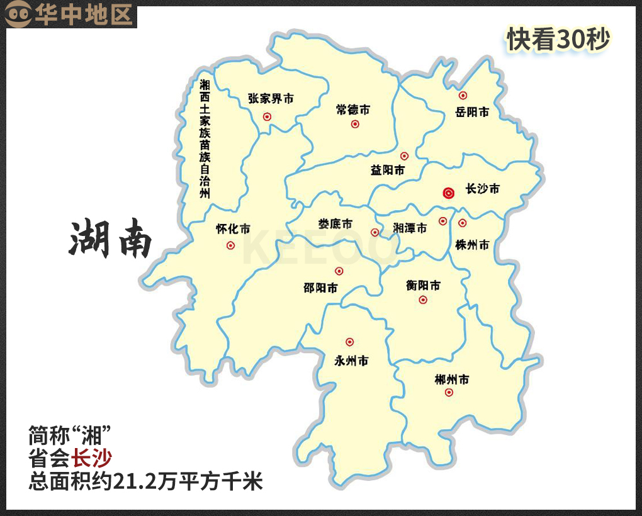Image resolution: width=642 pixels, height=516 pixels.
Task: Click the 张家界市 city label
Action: point(271,99)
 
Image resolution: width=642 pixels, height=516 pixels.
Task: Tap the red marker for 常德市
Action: point(355,124)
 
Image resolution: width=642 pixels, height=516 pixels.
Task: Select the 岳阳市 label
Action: point(472,113)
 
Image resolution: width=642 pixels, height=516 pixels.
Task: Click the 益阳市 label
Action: point(387,171)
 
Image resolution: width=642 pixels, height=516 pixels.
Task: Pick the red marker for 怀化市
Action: point(230,245)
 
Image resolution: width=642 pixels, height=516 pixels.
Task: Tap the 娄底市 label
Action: point(335,224)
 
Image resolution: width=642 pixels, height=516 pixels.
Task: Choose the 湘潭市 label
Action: point(410,228)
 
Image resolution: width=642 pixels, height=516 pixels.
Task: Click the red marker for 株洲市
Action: point(463,223)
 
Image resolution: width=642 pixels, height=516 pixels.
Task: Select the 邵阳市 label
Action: point(320,288)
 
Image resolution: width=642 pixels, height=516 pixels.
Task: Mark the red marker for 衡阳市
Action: point(423,300)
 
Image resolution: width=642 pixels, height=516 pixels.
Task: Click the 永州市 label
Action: point(351,361)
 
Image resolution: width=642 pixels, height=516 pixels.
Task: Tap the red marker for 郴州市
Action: point(449,392)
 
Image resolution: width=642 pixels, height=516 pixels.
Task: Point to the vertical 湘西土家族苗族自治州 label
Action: point(205,138)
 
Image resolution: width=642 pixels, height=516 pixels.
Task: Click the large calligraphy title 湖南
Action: point(110,240)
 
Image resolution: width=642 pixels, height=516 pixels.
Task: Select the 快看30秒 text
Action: point(559,40)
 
